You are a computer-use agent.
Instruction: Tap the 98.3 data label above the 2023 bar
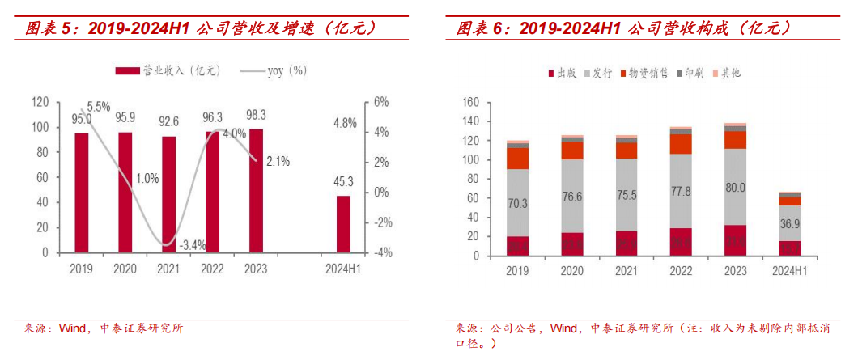click(256, 115)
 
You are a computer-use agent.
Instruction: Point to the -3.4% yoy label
click(192, 244)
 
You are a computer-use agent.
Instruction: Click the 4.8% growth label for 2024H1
click(345, 123)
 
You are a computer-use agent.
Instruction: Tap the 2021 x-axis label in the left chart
click(169, 269)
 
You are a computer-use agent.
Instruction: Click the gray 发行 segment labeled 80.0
click(735, 187)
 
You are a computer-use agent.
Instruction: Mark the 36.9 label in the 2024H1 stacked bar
click(790, 223)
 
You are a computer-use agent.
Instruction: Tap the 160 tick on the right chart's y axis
click(471, 103)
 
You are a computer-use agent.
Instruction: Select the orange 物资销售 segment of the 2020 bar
click(571, 150)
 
